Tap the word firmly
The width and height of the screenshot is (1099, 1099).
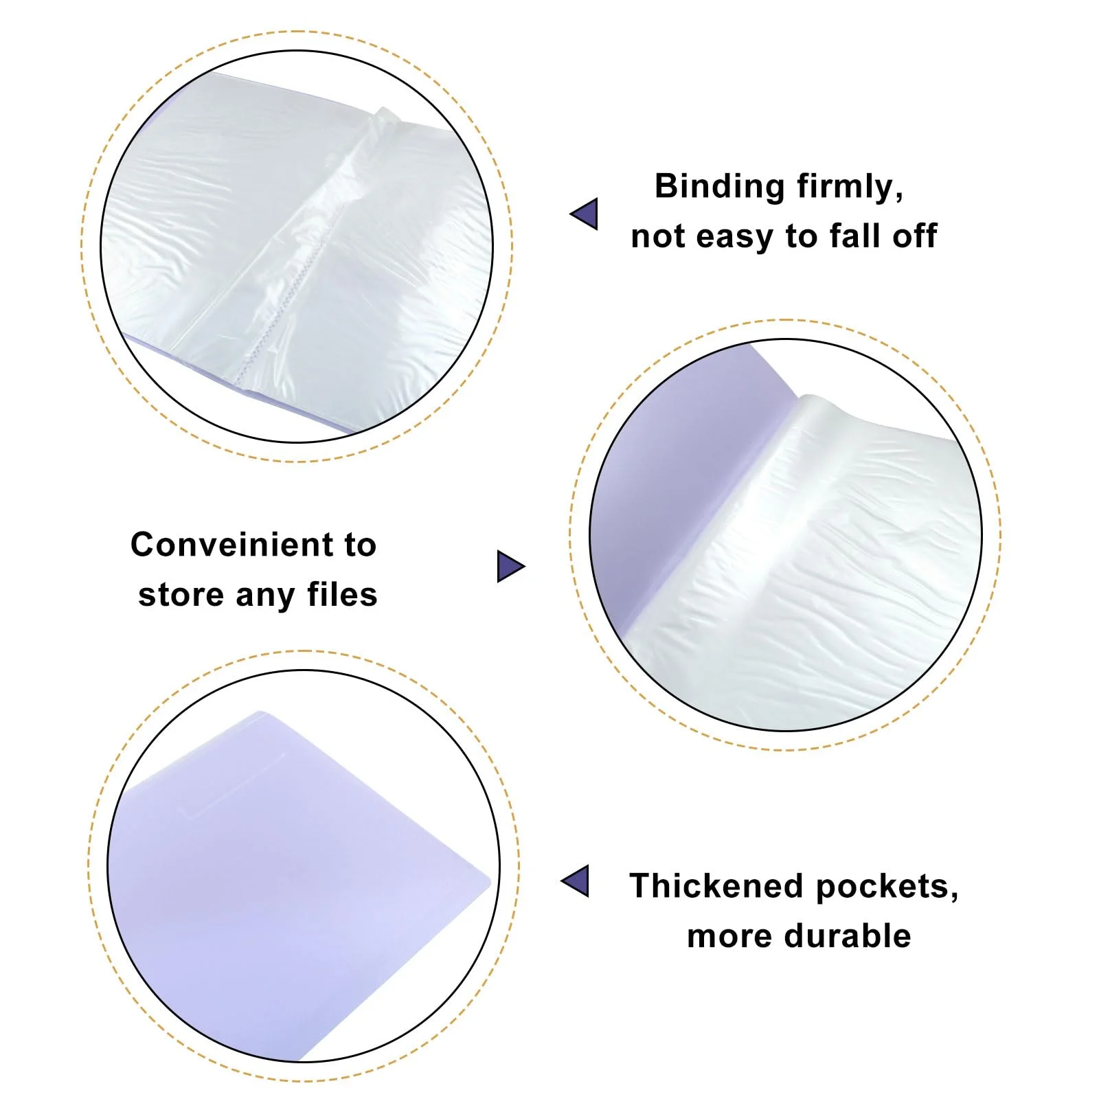click(850, 186)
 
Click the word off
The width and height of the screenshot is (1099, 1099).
click(915, 236)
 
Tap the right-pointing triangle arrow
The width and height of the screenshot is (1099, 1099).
click(511, 566)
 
